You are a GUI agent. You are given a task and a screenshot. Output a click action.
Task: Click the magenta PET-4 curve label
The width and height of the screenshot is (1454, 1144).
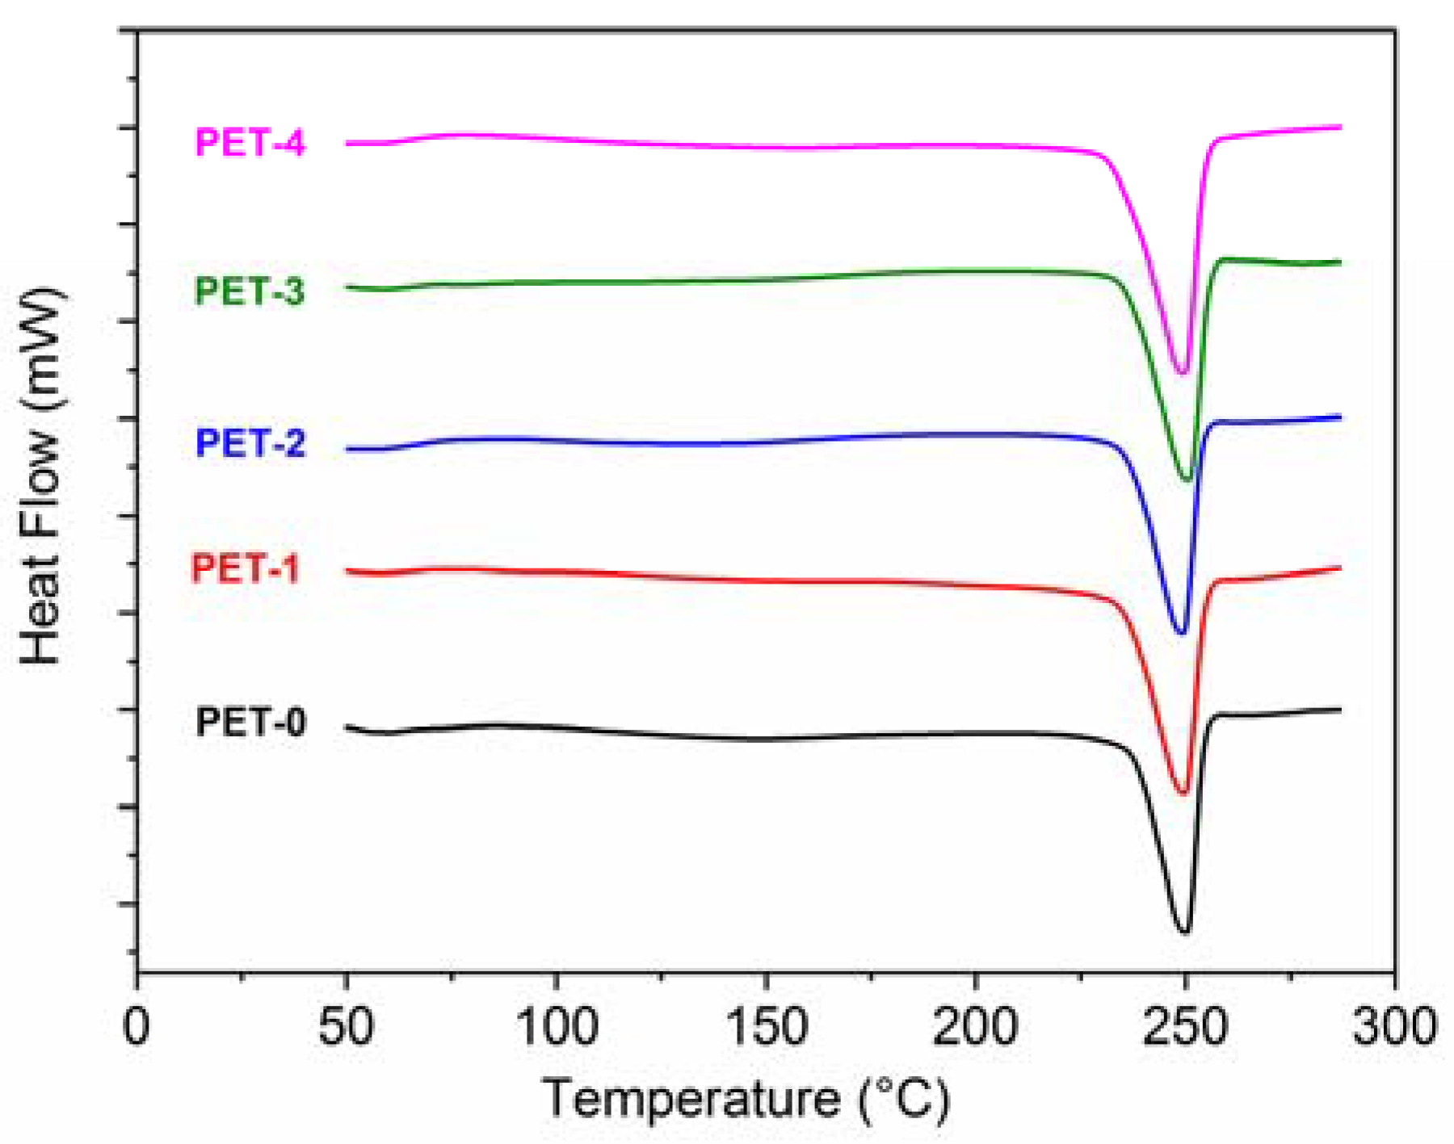(x=250, y=143)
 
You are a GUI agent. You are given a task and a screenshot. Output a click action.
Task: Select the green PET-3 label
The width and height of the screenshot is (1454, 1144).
(x=250, y=291)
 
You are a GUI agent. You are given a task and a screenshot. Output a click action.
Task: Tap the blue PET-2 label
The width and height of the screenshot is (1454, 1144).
(x=250, y=443)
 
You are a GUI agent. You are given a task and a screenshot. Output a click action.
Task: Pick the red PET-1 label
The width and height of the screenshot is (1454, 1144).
(x=245, y=569)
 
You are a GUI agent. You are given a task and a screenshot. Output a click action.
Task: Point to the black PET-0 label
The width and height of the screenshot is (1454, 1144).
(x=250, y=722)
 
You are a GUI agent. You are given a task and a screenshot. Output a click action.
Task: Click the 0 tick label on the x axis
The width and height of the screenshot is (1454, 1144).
(x=137, y=1027)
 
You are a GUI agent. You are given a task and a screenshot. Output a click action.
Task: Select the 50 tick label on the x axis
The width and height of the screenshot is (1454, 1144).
(x=346, y=1027)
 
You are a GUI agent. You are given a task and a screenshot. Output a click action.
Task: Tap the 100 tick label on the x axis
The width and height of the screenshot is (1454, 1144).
(x=556, y=1027)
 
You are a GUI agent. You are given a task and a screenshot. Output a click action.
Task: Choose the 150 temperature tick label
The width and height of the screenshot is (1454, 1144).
(x=766, y=1027)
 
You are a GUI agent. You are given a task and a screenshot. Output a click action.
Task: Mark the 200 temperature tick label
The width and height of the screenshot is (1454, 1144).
(x=975, y=1027)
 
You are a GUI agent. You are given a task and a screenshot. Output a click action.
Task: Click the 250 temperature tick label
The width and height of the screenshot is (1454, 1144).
(x=1185, y=1027)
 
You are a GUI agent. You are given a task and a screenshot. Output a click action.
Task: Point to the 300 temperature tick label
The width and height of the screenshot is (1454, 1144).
(x=1394, y=1027)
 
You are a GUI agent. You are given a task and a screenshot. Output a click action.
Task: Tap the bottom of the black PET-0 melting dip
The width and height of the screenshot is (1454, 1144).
(x=1184, y=932)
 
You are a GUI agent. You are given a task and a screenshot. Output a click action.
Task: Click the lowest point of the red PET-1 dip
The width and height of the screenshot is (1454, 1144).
(x=1183, y=793)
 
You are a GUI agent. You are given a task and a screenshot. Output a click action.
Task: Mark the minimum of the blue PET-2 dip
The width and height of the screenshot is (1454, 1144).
(x=1182, y=633)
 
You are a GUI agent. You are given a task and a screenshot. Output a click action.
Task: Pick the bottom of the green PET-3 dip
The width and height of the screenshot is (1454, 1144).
(x=1187, y=480)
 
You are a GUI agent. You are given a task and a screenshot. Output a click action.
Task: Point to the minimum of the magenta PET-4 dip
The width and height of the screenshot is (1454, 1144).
(x=1183, y=373)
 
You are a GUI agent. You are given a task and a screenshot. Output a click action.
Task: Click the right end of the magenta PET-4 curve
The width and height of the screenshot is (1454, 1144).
(x=1340, y=127)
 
